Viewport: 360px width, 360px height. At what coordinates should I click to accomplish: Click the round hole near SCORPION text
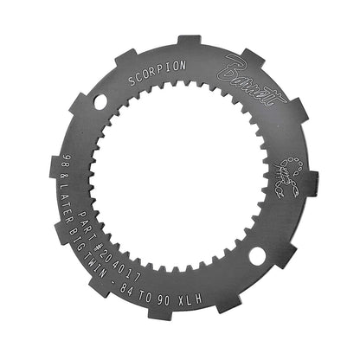coord(101,103)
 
